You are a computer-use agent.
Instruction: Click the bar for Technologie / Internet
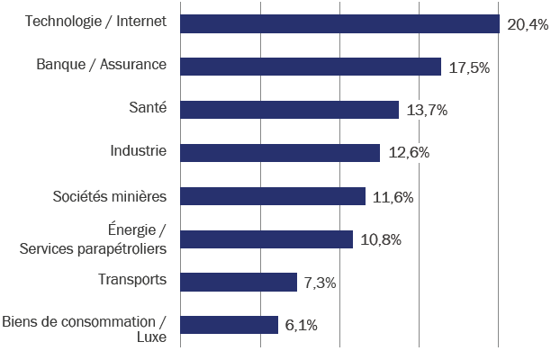point(339,23)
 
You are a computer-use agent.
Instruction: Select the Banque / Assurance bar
point(311,67)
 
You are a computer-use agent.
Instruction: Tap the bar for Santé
point(289,110)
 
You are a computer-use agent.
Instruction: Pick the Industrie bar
point(280,153)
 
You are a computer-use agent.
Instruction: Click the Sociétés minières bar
point(273,196)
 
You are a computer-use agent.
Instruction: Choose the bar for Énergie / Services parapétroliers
point(266,239)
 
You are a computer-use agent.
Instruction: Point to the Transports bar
point(239,283)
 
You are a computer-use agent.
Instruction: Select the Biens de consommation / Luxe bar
point(229,325)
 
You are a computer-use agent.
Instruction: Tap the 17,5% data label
point(468,67)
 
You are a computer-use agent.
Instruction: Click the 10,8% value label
point(379,240)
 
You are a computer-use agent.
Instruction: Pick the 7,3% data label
point(320,283)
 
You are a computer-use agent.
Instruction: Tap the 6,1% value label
point(301,326)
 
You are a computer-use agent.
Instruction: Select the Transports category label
point(132,280)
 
